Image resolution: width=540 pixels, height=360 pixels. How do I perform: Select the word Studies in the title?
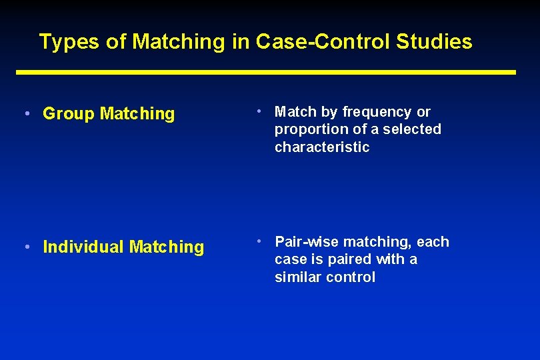point(434,42)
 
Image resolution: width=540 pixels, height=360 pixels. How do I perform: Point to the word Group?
point(69,114)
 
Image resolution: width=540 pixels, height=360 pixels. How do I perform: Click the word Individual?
point(83,247)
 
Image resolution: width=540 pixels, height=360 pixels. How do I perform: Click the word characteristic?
point(322,147)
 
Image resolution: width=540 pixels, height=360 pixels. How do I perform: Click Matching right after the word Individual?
point(167,247)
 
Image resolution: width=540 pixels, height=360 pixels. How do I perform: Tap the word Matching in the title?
point(179,42)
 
